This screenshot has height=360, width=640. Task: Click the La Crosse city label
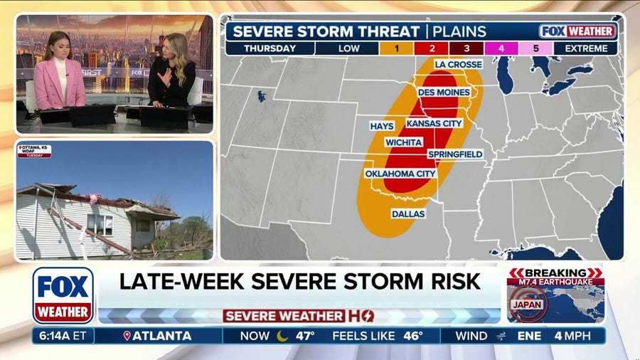pos(458,64)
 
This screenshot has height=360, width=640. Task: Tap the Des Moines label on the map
pos(444,92)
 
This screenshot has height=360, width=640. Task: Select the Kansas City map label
pos(434,123)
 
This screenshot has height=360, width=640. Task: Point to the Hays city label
pos(381,126)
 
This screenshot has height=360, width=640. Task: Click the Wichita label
pos(404,142)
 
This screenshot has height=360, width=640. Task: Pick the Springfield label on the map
pos(455,154)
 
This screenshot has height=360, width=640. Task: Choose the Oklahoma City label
pos(400,174)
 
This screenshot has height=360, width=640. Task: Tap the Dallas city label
pos(408,213)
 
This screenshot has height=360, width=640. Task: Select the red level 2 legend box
pos(432,48)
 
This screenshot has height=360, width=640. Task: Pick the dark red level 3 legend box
pos(466,48)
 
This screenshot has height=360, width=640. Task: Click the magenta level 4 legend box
pos(501,48)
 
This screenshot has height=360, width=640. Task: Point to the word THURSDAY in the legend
pos(270,48)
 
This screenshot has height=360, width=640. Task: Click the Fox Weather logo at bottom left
pos(63,295)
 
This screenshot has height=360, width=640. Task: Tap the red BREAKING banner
pos(555,273)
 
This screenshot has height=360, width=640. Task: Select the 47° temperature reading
pos(305,336)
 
